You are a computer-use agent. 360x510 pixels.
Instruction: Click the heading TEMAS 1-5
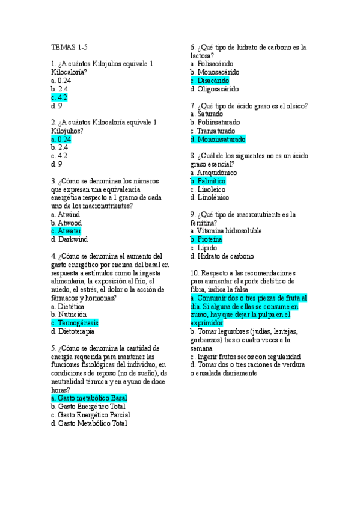[x=69, y=47]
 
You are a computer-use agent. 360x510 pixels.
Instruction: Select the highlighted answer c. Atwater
[x=66, y=230]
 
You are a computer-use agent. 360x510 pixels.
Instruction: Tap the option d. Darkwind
[x=69, y=239]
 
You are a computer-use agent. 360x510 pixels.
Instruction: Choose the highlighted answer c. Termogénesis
[x=75, y=322]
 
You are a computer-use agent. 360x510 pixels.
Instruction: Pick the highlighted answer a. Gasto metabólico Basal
[x=89, y=398]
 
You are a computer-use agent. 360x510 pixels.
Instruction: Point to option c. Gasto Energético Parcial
[x=90, y=415]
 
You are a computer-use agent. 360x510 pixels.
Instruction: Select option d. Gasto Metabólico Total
[x=89, y=423]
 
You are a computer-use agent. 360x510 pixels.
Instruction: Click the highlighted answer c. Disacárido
[x=209, y=81]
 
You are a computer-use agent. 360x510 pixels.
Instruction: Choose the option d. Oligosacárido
[x=214, y=89]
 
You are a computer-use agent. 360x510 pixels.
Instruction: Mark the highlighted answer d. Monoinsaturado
[x=218, y=139]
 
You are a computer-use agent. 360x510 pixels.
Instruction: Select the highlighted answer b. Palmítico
[x=207, y=180]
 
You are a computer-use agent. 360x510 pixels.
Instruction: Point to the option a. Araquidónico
[x=213, y=173]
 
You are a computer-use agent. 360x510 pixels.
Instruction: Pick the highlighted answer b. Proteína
[x=206, y=239]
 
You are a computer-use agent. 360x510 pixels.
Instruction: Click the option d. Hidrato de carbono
[x=222, y=256]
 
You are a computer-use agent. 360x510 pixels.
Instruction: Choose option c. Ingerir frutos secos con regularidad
[x=245, y=356]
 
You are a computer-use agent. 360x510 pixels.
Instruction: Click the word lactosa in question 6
[x=201, y=55]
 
